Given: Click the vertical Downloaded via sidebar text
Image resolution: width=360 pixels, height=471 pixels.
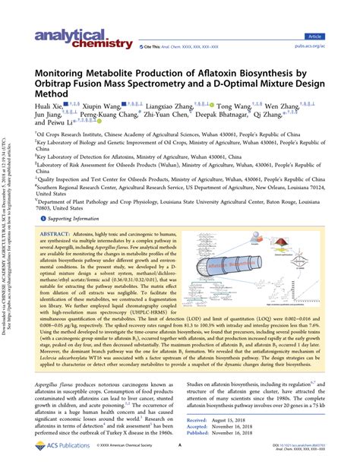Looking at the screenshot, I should (7, 235).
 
